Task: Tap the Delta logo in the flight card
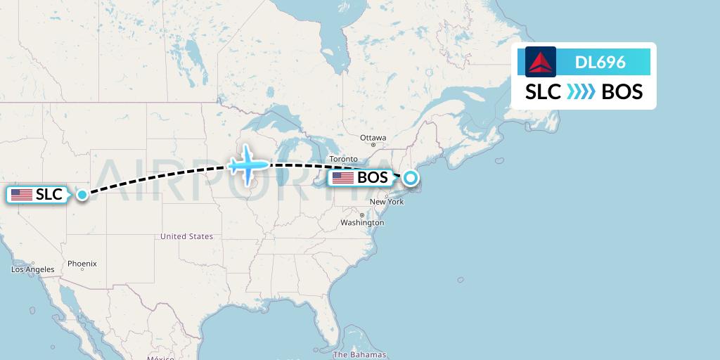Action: pyautogui.click(x=540, y=62)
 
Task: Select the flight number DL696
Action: pyautogui.click(x=600, y=63)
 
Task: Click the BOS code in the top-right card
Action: pyautogui.click(x=622, y=92)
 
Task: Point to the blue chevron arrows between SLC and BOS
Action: pyautogui.click(x=581, y=92)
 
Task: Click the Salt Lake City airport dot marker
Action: pyautogui.click(x=82, y=195)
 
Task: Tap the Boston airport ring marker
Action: pyautogui.click(x=411, y=178)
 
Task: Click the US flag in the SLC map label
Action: pyautogui.click(x=22, y=195)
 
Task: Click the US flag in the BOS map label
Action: pyautogui.click(x=343, y=178)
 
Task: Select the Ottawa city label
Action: pyautogui.click(x=373, y=137)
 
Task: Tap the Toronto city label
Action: pyautogui.click(x=343, y=160)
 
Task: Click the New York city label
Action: pyautogui.click(x=387, y=202)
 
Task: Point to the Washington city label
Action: pyautogui.click(x=363, y=222)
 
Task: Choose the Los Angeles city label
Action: pyautogui.click(x=33, y=269)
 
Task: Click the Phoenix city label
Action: pyautogui.click(x=82, y=264)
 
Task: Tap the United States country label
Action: pyautogui.click(x=186, y=236)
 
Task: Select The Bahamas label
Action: pyautogui.click(x=359, y=354)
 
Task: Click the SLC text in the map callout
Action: pyautogui.click(x=49, y=195)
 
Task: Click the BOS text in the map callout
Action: pyautogui.click(x=372, y=178)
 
